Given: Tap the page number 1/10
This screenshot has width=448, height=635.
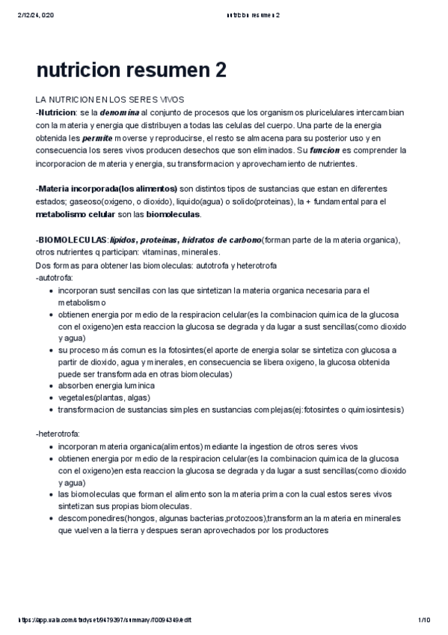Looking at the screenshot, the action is (424, 620).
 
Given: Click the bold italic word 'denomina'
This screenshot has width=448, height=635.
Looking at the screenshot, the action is (120, 112).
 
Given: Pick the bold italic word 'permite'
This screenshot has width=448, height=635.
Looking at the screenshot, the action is (98, 138).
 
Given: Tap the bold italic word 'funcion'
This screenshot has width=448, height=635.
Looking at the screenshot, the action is (330, 151).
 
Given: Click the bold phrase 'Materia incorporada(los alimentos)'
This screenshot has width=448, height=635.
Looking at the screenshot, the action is (107, 189).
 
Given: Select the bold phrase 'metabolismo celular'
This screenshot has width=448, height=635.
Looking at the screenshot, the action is (76, 214).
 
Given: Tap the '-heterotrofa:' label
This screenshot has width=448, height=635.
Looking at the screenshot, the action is (58, 434).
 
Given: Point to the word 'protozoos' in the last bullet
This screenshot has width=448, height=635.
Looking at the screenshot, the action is (244, 518).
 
